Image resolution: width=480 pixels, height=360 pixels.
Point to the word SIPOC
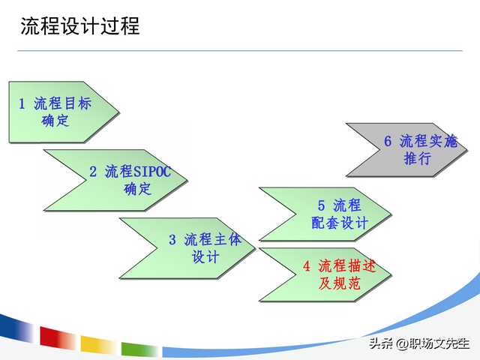pyautogui.click(x=152, y=172)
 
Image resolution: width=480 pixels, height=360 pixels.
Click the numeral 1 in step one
pyautogui.click(x=22, y=104)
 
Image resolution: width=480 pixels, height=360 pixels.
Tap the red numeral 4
pyautogui.click(x=306, y=266)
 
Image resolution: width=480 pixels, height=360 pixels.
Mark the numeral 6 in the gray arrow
pyautogui.click(x=388, y=141)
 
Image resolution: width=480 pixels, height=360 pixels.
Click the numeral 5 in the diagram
pyautogui.click(x=321, y=205)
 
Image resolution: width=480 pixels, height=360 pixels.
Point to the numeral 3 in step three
pyautogui.click(x=172, y=240)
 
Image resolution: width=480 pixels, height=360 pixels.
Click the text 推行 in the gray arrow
pyautogui.click(x=417, y=158)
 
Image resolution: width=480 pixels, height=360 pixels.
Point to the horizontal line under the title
pyautogui.click(x=240, y=51)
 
